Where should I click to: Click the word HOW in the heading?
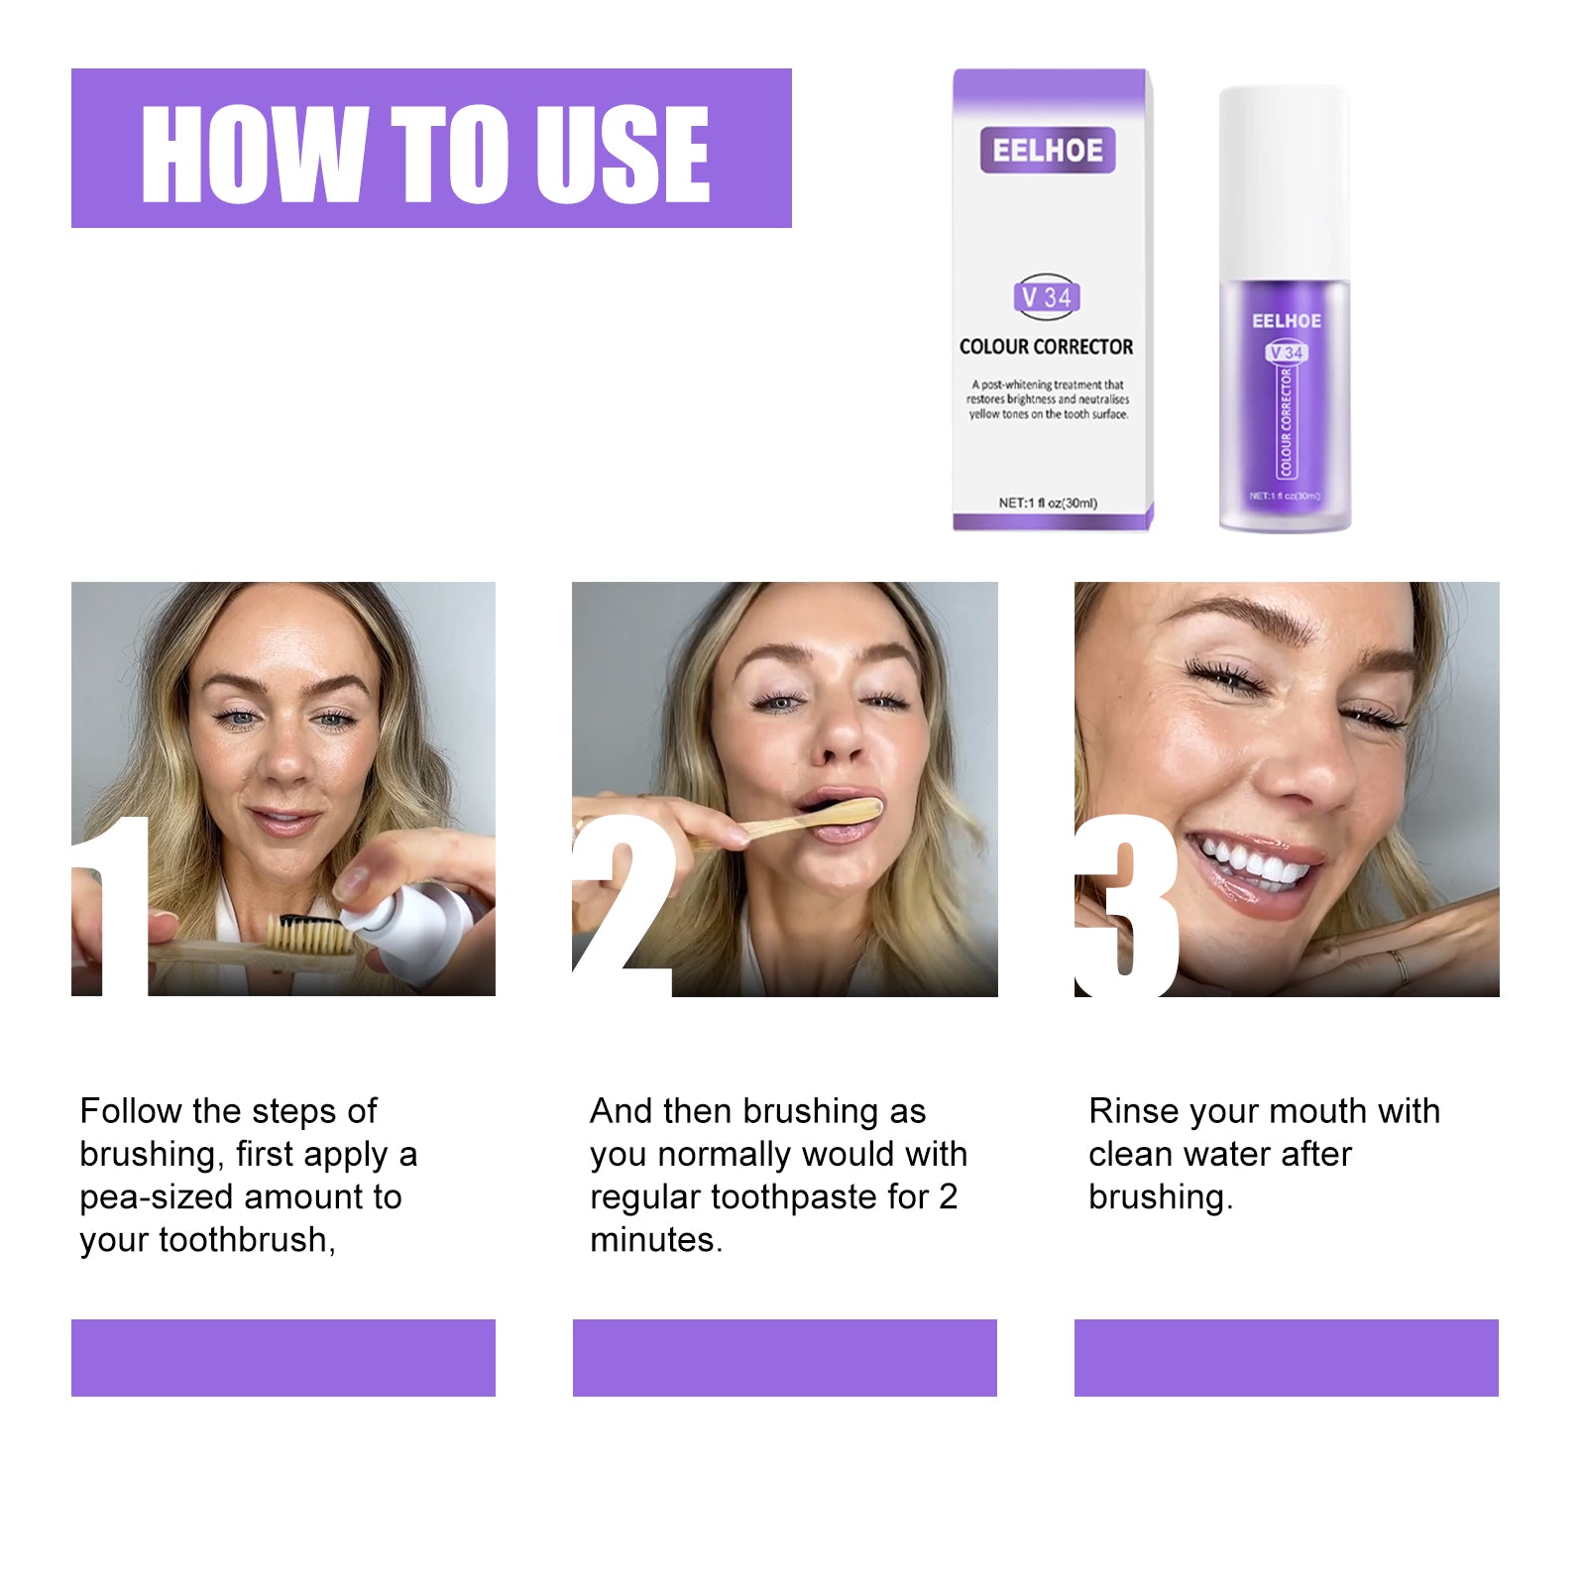(x=254, y=154)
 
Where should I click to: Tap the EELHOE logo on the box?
(x=1047, y=151)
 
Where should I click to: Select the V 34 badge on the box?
(x=1047, y=296)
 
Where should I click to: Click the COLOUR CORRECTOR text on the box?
(x=1046, y=347)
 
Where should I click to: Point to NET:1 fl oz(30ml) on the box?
(x=1047, y=503)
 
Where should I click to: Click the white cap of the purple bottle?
(x=1283, y=178)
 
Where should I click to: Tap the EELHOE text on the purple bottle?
(x=1286, y=321)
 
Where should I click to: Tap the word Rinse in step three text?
(x=1134, y=1111)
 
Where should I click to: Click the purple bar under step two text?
(x=784, y=1357)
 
